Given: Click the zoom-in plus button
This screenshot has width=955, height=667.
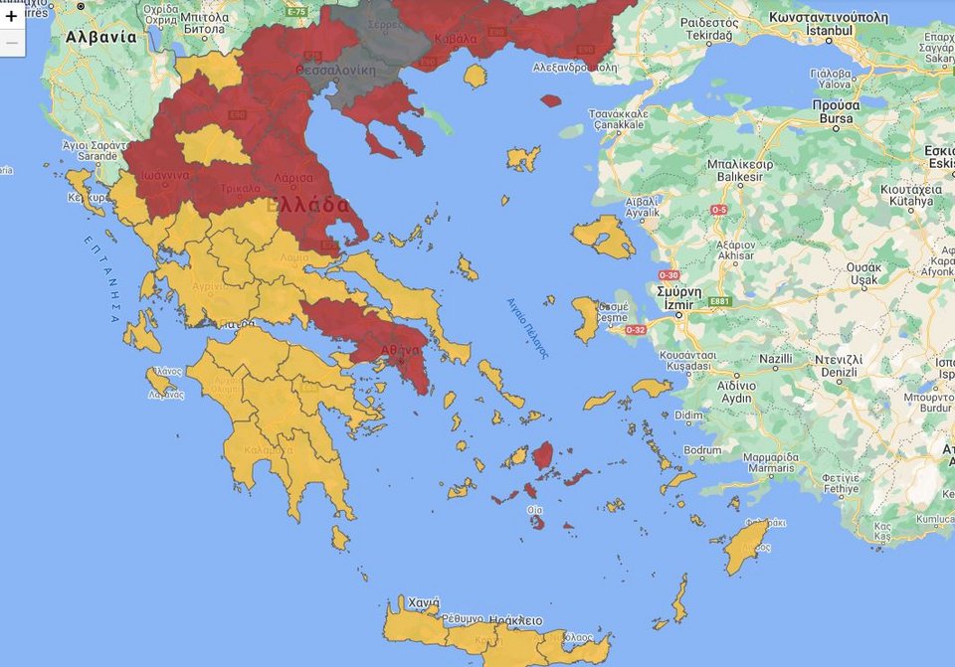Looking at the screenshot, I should (x=12, y=16).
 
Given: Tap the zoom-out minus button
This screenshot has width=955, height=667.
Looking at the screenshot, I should (x=12, y=43).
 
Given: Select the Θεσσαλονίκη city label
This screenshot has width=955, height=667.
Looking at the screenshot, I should (x=335, y=71).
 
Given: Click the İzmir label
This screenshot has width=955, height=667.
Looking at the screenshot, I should (x=679, y=305).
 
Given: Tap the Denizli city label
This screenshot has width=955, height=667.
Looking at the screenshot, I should (x=836, y=372).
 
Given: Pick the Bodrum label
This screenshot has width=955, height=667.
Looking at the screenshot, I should (x=703, y=450).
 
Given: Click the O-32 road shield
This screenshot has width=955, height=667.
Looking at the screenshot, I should (x=635, y=330).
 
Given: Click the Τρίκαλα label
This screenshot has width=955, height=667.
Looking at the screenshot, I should (x=240, y=188).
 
